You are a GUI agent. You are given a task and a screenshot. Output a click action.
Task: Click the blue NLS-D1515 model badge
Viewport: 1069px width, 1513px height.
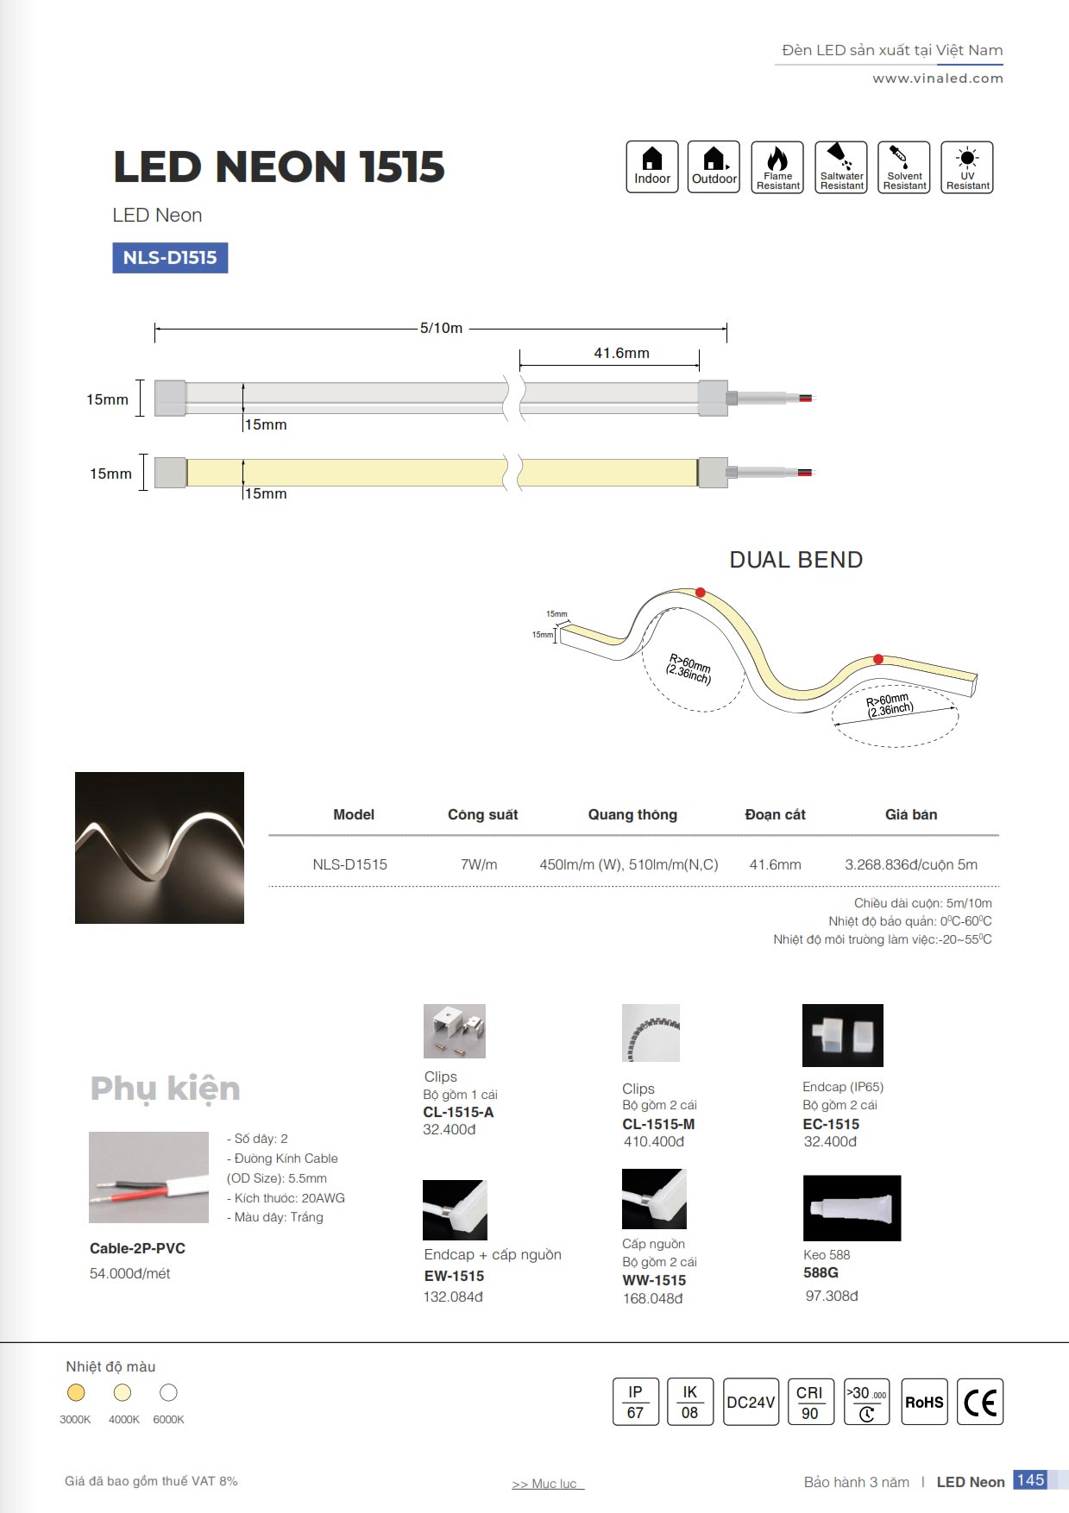click(170, 258)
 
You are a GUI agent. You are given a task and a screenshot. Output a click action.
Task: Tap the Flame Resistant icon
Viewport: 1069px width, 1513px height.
click(777, 167)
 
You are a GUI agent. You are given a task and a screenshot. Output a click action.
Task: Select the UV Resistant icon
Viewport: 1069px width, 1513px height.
click(967, 167)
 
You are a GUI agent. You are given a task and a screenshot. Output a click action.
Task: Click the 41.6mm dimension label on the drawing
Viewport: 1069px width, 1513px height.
click(621, 353)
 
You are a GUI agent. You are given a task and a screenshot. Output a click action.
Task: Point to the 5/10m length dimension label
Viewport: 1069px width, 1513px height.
click(441, 328)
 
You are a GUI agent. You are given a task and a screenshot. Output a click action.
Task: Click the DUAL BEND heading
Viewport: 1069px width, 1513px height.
click(795, 560)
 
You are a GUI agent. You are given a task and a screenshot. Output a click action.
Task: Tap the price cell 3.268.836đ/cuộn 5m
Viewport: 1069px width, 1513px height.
click(910, 864)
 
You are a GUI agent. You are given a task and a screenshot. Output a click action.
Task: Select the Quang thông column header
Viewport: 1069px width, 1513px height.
click(632, 814)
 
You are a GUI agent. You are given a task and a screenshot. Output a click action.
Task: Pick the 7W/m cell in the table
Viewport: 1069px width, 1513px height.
click(479, 864)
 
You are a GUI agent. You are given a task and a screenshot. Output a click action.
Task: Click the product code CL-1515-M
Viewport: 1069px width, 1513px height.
click(658, 1124)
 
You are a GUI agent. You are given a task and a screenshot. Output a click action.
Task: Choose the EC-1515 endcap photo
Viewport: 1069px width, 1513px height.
click(842, 1035)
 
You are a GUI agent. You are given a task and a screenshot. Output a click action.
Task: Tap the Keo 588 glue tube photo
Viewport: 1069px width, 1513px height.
click(852, 1208)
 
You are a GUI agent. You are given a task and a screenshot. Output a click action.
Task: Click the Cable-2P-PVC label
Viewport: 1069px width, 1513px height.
click(137, 1248)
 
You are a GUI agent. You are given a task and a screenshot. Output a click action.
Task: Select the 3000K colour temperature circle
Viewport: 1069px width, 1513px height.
click(76, 1392)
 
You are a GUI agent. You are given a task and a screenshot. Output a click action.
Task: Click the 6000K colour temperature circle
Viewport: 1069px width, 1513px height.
click(168, 1392)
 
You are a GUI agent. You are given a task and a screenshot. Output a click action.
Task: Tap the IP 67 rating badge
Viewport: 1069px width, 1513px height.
click(635, 1402)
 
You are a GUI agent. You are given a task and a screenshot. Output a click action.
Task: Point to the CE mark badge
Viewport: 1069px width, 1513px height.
click(980, 1402)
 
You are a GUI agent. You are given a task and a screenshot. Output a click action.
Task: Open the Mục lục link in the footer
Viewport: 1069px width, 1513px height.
click(548, 1484)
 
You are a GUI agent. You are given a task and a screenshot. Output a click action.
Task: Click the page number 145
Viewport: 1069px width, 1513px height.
click(1030, 1480)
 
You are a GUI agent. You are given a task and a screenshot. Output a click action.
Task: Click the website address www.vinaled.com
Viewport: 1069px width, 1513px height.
click(937, 78)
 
